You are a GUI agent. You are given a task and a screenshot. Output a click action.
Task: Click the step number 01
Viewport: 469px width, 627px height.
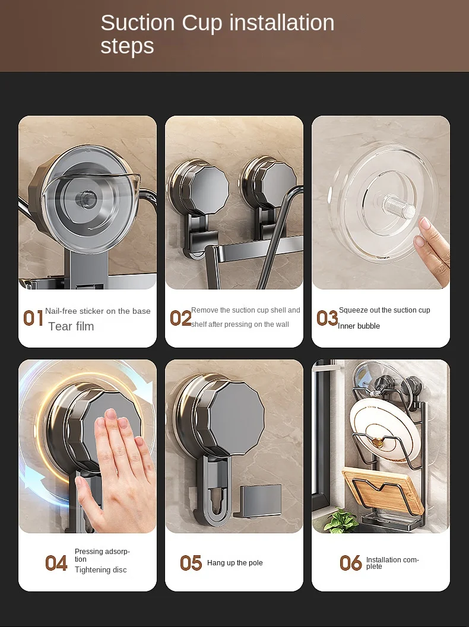[x=33, y=319]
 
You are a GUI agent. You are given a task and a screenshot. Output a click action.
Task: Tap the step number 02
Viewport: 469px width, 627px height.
[x=180, y=319]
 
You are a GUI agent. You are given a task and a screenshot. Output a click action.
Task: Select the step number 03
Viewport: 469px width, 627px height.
[x=327, y=319]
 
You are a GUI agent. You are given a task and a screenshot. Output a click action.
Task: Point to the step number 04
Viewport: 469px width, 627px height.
[x=56, y=563]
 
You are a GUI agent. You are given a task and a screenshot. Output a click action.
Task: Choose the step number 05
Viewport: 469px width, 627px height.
[x=191, y=563]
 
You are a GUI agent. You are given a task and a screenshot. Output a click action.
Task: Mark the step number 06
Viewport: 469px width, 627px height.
[x=350, y=563]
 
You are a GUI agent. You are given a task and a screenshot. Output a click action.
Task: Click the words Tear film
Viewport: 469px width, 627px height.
[x=71, y=326]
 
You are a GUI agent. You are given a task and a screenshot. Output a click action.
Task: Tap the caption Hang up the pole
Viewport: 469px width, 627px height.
[x=235, y=562]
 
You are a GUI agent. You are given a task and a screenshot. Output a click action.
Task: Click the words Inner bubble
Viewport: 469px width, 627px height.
[x=359, y=326]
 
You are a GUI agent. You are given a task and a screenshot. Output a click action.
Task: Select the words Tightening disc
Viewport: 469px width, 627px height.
[x=100, y=570]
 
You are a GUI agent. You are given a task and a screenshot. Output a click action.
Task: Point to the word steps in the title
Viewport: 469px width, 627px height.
[x=127, y=46]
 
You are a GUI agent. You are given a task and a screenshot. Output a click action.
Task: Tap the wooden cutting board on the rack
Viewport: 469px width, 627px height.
[x=382, y=490]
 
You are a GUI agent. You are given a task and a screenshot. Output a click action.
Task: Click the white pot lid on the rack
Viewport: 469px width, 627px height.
[x=380, y=430]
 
